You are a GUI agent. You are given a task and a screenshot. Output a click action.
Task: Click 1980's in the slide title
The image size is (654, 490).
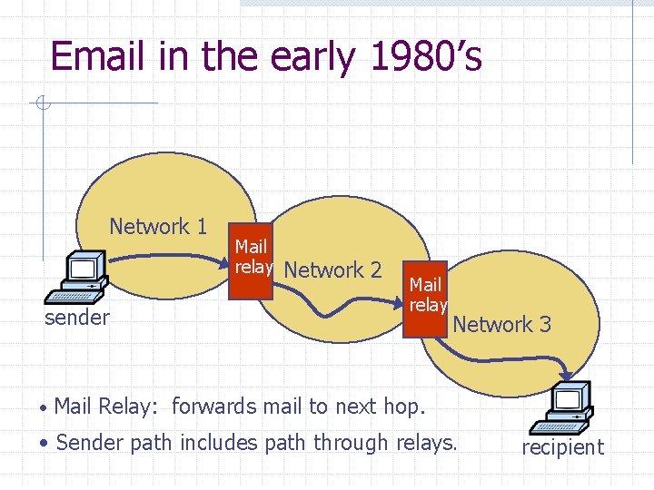coord(426,56)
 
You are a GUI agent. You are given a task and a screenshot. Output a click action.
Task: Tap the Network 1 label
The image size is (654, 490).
coord(158,227)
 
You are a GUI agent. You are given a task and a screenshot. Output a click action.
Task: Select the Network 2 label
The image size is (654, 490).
coord(332,270)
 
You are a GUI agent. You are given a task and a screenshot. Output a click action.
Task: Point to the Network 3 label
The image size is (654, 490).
coord(501,324)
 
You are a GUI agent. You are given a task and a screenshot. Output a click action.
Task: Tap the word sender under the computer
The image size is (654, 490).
coord(77,318)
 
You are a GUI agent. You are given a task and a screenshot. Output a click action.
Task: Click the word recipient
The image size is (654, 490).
coord(561,447)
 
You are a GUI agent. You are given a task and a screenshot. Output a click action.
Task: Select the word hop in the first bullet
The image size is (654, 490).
coord(404,407)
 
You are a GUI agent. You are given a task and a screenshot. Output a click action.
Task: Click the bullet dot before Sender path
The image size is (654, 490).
coord(45,444)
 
